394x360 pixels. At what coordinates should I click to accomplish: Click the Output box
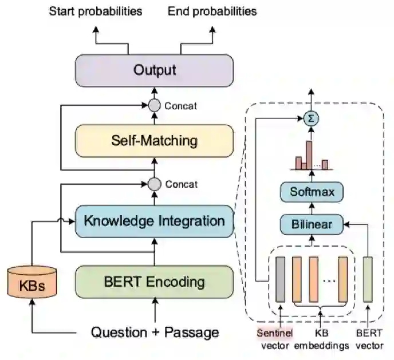155,71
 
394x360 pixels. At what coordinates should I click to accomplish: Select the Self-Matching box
155,140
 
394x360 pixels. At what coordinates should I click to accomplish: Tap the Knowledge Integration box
155,220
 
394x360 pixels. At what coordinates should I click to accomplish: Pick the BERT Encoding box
155,282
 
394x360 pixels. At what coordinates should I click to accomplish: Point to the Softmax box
312,191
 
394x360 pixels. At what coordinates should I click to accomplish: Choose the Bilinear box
312,224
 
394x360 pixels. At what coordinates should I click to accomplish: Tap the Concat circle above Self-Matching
154,105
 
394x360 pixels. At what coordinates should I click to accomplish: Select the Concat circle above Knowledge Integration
154,184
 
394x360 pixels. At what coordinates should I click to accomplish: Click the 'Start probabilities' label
95,11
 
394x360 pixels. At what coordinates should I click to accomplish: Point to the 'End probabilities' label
212,11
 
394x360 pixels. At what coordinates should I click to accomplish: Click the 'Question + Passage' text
155,332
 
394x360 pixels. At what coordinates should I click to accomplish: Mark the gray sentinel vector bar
280,279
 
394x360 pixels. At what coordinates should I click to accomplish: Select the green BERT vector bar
367,279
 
